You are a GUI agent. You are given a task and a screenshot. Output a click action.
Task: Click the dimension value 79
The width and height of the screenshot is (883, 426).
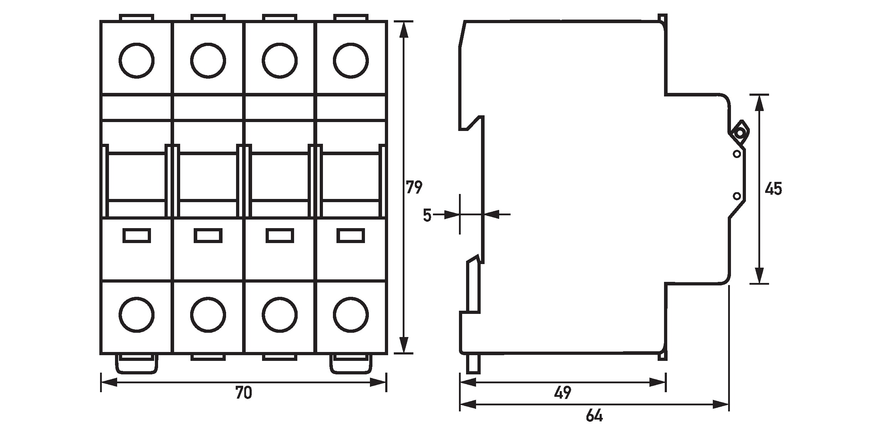pos(414,188)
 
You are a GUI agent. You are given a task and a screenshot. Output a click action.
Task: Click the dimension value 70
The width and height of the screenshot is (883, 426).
pos(244,393)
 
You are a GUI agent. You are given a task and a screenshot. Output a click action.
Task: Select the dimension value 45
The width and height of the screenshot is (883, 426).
pos(773,189)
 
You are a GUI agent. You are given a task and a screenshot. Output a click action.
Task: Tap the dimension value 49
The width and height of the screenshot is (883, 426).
pos(563,393)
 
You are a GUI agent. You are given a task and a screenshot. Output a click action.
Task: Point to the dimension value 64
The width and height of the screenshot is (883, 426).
pos(594,415)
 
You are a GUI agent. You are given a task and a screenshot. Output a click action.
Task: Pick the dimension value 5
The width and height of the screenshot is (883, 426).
pos(427,215)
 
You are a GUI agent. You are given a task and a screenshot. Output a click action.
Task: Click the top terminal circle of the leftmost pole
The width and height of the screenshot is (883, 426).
pos(137,61)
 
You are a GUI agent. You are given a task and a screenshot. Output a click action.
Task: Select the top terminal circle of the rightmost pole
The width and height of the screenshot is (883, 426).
pos(351,61)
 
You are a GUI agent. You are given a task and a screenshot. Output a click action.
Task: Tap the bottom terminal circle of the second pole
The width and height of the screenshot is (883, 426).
pos(208,315)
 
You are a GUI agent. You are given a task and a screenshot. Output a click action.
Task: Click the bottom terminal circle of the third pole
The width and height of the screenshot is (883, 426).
pos(280,315)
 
